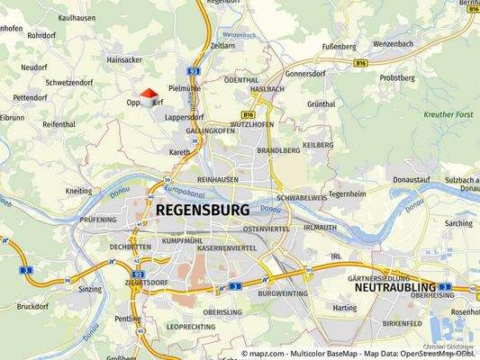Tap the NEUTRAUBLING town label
pyautogui.click(x=395, y=289)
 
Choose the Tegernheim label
pyautogui.click(x=348, y=193)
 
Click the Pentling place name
pyautogui.click(x=127, y=319)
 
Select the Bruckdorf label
pyautogui.click(x=32, y=306)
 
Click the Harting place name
pyautogui.click(x=345, y=308)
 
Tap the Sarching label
pyautogui.click(x=457, y=223)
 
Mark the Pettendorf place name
pyautogui.click(x=30, y=97)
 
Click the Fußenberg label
pyautogui.click(x=340, y=44)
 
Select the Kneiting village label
pyautogui.click(x=79, y=191)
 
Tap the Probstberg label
pyautogui.click(x=396, y=78)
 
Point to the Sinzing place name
pyautogui.click(x=90, y=290)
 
